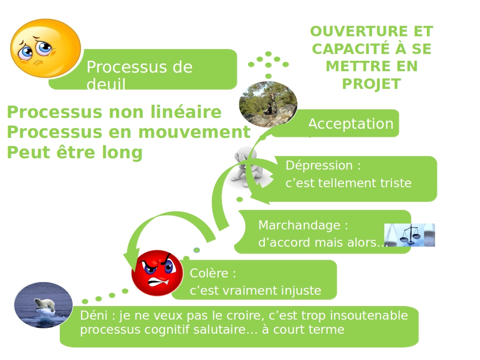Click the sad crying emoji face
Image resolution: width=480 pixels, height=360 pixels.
[x=45, y=48]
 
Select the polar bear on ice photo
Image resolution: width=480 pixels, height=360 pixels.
[x=44, y=305]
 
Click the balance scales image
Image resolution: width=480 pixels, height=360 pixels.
[x=410, y=235]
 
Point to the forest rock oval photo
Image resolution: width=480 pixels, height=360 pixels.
[x=268, y=104]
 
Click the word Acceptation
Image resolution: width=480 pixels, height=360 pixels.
[x=351, y=124]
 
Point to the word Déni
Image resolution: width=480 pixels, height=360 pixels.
[x=92, y=316]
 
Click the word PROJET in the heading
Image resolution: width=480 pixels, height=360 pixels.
[x=371, y=84]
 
